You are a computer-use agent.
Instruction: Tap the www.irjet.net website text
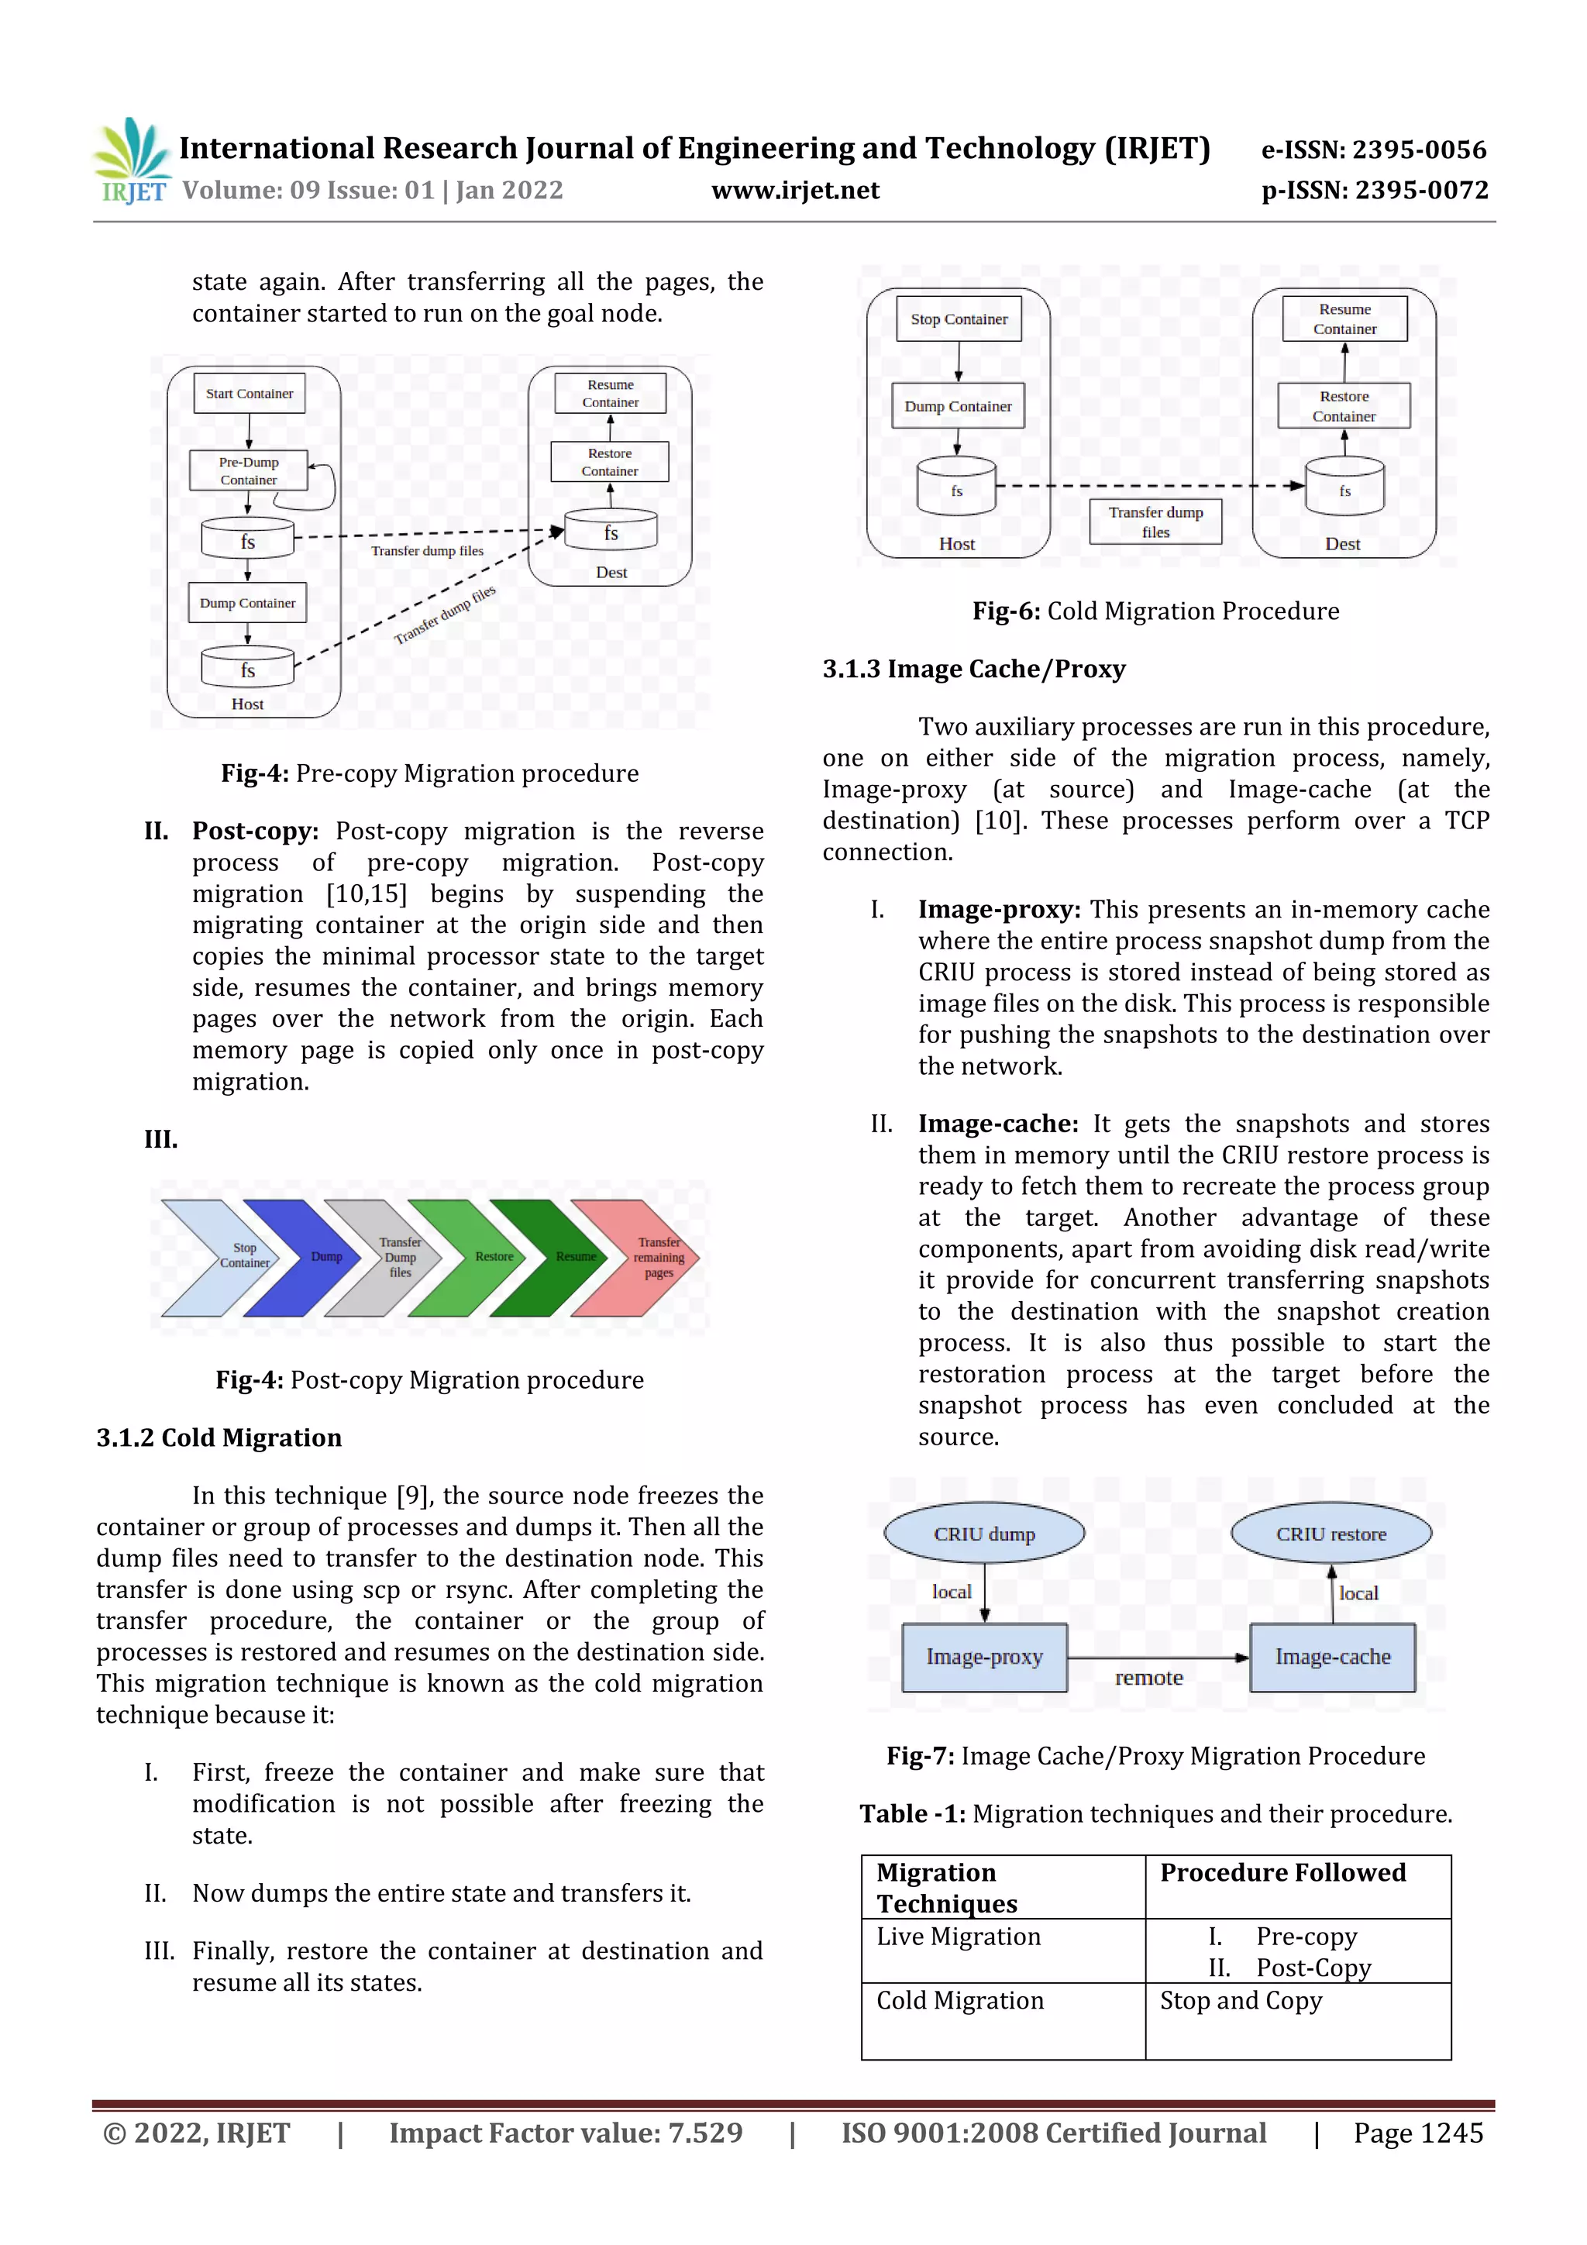pyautogui.click(x=795, y=191)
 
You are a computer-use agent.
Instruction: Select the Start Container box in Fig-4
pyautogui.click(x=250, y=394)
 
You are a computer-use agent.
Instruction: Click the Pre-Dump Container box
pyautogui.click(x=249, y=471)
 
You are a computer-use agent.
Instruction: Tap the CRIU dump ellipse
pyautogui.click(x=983, y=1533)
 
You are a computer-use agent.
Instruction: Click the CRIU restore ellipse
pyautogui.click(x=1330, y=1533)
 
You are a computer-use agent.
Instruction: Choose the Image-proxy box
pyautogui.click(x=983, y=1656)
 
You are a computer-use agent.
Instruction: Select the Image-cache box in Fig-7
pyautogui.click(x=1332, y=1656)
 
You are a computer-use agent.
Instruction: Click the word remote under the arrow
pyautogui.click(x=1149, y=1678)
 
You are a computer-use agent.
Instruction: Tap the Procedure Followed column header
pyautogui.click(x=1283, y=1872)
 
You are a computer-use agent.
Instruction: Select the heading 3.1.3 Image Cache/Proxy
pyautogui.click(x=973, y=669)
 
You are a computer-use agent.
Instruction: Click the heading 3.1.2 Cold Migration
pyautogui.click(x=219, y=1438)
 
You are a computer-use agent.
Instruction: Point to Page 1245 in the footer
pyautogui.click(x=1418, y=2133)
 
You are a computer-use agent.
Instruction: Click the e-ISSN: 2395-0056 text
pyautogui.click(x=1373, y=150)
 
